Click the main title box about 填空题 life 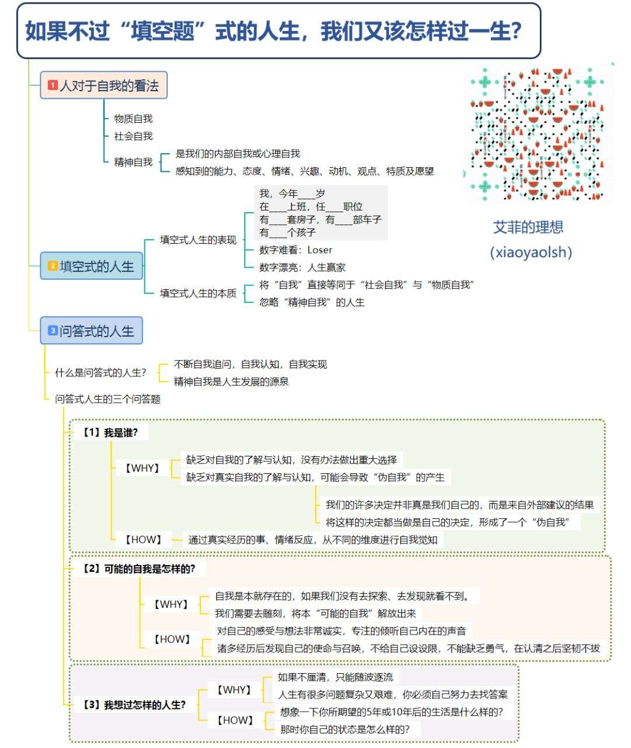(x=278, y=31)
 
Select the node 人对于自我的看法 (x=103, y=85)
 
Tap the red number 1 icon (x=53, y=85)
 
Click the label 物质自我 (x=133, y=119)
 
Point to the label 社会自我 (x=133, y=136)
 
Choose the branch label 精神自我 (x=133, y=162)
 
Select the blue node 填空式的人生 (x=91, y=266)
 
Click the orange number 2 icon (x=53, y=266)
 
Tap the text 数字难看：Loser (x=296, y=250)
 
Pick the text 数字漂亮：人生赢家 (x=302, y=268)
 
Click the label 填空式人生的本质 (x=198, y=293)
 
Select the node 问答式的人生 (x=91, y=331)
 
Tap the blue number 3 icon (x=53, y=331)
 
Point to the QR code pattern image (x=538, y=133)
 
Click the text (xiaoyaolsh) (x=531, y=252)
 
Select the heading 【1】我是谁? (x=110, y=433)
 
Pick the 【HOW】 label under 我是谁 (x=144, y=540)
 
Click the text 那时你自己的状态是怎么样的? (x=345, y=729)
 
